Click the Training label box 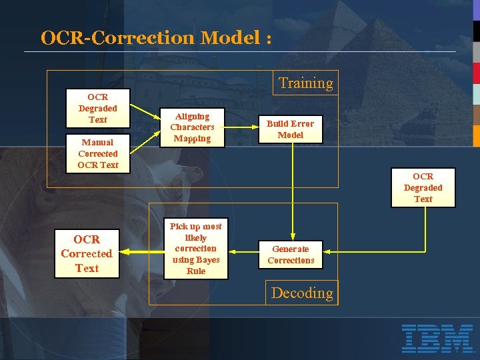pyautogui.click(x=305, y=83)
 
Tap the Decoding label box pyautogui.click(x=302, y=293)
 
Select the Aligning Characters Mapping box pyautogui.click(x=192, y=127)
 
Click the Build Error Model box pyautogui.click(x=290, y=129)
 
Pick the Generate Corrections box pyautogui.click(x=291, y=255)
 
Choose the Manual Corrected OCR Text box pyautogui.click(x=97, y=153)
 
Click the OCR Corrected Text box pyautogui.click(x=87, y=254)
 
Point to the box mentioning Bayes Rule pyautogui.click(x=195, y=249)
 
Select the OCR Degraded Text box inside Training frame pyautogui.click(x=97, y=108)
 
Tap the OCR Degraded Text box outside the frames pyautogui.click(x=423, y=187)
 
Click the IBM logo pyautogui.click(x=437, y=338)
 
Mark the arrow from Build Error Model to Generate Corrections pyautogui.click(x=293, y=193)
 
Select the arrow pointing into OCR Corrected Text pyautogui.click(x=141, y=252)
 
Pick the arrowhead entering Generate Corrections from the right pyautogui.click(x=328, y=252)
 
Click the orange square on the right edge pyautogui.click(x=476, y=135)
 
